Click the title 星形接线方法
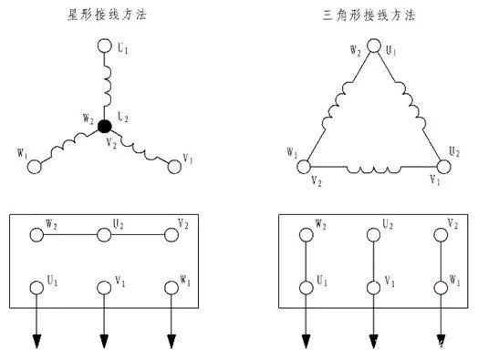(101, 15)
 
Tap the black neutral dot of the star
(105, 127)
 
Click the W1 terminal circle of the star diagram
(36, 167)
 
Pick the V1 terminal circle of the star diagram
(173, 166)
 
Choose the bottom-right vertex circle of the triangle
(443, 167)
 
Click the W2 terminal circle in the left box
(36, 234)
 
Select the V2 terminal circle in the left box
(170, 234)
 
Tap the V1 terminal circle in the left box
(103, 287)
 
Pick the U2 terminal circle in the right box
(371, 234)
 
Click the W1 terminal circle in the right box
(440, 287)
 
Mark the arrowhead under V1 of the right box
(371, 343)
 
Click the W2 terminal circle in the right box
(304, 234)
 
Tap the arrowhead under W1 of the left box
(170, 343)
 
